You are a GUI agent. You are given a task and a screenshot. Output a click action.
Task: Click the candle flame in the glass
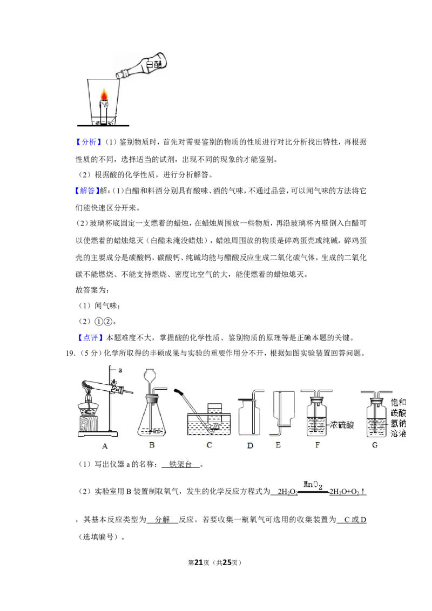pos(104,94)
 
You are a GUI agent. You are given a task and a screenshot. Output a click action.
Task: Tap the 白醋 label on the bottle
pos(153,64)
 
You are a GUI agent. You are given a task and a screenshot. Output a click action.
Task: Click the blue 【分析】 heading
pos(89,142)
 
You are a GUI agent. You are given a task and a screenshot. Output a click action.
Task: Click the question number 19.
pos(70,354)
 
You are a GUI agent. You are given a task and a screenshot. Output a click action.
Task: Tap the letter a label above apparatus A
pos(120,370)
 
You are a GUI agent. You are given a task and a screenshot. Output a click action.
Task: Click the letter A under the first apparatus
pos(105,446)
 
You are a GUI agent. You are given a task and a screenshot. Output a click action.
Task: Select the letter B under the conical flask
pos(152,445)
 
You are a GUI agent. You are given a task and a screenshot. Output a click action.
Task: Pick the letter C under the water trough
pos(209,445)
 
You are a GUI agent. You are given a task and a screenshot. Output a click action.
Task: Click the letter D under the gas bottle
pos(250,445)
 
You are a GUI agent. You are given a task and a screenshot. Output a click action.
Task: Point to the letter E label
pos(278,445)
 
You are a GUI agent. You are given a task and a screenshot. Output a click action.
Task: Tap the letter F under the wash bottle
pos(318,445)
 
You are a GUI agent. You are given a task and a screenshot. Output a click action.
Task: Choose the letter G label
pos(375,445)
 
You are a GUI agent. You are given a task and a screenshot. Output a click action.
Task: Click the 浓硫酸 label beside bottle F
pos(342,425)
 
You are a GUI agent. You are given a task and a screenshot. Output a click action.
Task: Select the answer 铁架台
pos(180,464)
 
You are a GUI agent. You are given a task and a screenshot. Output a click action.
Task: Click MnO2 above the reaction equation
pos(313,485)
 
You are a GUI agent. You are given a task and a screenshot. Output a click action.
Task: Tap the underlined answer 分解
pos(162,519)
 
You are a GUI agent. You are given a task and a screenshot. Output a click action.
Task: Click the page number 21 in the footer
pos(199,562)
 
